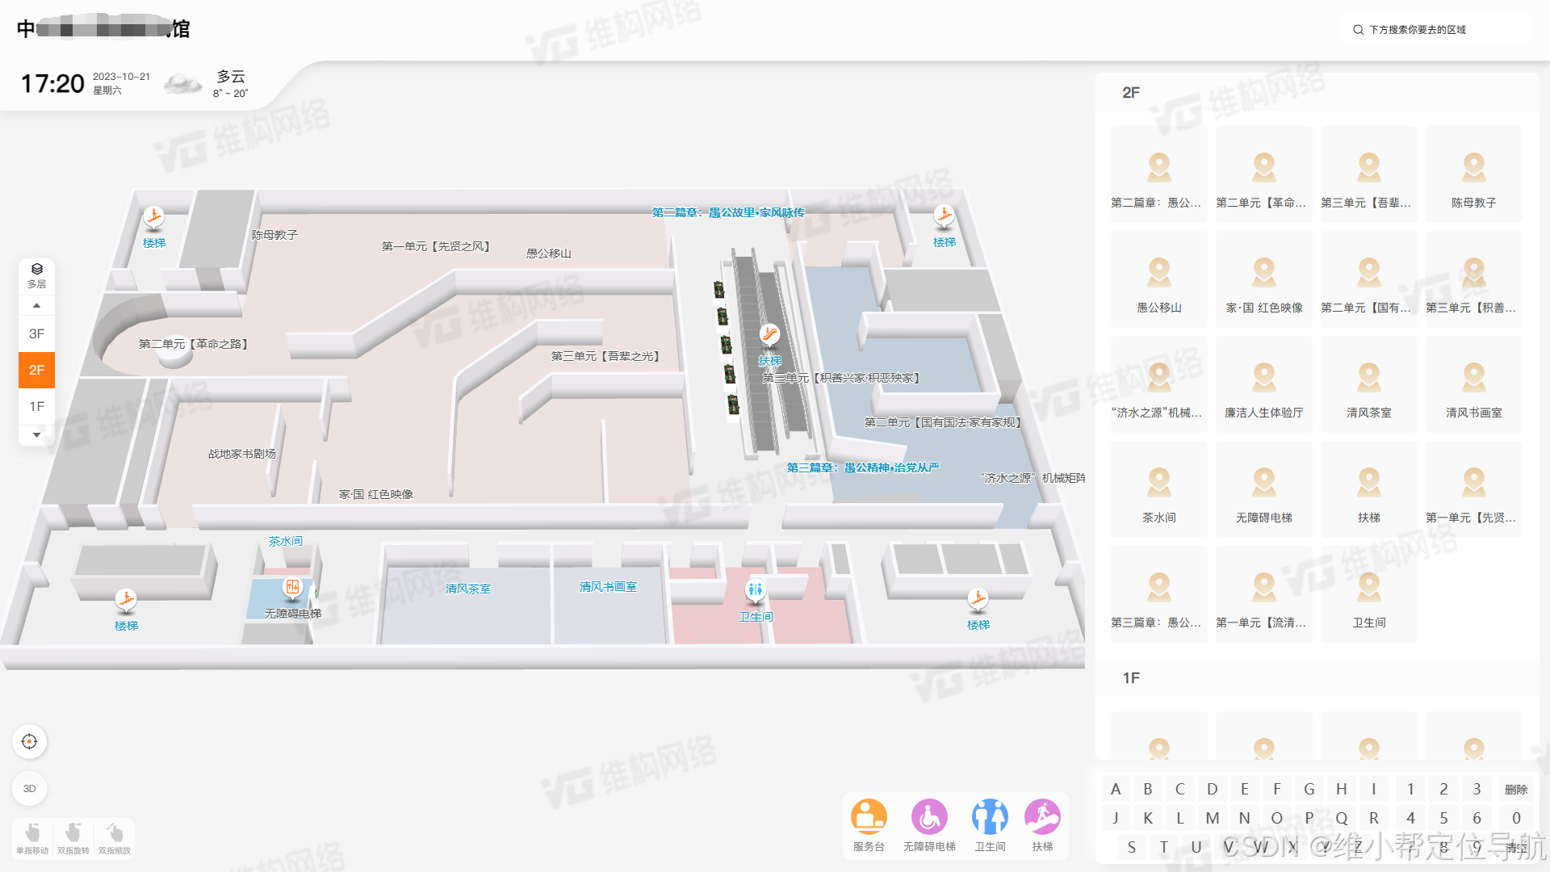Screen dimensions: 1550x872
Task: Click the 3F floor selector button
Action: pos(36,333)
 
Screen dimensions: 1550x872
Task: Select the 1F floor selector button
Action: pos(36,406)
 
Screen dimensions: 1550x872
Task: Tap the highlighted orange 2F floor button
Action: pos(36,370)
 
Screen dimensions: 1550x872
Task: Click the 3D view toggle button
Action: pos(29,789)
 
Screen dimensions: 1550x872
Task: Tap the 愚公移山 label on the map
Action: pos(548,254)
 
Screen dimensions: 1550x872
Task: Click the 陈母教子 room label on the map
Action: pos(274,235)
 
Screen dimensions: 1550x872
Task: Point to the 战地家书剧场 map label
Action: pos(241,454)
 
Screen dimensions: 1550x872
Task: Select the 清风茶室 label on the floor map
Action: pos(467,589)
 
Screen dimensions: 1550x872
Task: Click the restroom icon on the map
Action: pos(755,590)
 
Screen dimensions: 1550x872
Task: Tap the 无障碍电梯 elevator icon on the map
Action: pos(292,588)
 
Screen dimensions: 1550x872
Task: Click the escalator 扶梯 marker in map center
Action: pos(769,334)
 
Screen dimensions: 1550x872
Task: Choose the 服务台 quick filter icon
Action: pos(869,817)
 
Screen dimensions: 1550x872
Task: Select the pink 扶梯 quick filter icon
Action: pos(1042,817)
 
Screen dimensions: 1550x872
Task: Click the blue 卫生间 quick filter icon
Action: pos(990,817)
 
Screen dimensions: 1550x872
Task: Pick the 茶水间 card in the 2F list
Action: pos(1158,489)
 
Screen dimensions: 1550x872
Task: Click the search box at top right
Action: pos(1437,30)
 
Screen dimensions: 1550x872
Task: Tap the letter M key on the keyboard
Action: pos(1212,818)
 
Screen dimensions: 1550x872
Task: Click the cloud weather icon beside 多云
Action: pos(183,83)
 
